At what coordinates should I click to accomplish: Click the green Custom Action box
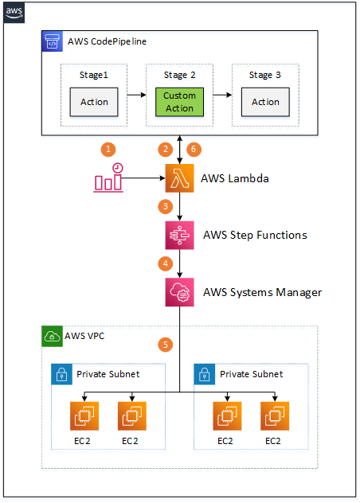[x=179, y=101]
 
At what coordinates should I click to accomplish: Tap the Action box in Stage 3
[x=264, y=102]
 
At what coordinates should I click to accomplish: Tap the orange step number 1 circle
[x=106, y=150]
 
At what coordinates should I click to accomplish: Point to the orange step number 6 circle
[x=192, y=150]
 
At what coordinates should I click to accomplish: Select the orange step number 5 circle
[x=166, y=345]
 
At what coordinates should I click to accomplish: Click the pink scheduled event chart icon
[x=108, y=179]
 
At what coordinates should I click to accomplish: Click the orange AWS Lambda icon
[x=179, y=179]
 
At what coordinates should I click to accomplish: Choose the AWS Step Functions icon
[x=179, y=236]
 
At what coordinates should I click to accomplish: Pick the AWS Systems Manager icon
[x=179, y=292]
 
